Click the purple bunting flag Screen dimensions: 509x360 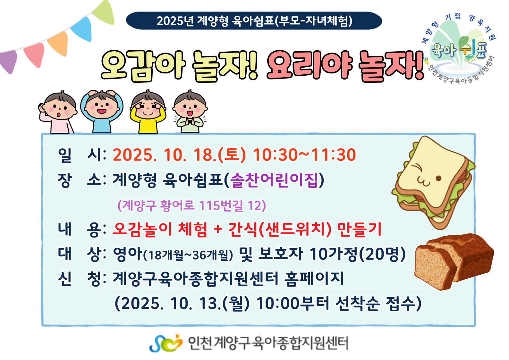coord(9,61)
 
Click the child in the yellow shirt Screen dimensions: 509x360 coord(148,112)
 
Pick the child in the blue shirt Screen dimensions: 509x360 coord(102,112)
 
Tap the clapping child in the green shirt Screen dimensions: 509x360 coord(190,111)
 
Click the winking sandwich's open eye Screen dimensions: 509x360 coord(438,178)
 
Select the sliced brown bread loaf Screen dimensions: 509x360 coord(454,262)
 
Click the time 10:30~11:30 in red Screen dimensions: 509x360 coord(304,155)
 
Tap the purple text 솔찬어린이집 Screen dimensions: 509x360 coord(274,180)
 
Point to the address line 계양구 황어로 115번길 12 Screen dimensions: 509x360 coord(191,205)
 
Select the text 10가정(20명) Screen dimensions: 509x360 coord(358,254)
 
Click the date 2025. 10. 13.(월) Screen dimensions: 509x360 coord(182,304)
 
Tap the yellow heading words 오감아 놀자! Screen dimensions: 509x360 coord(180,66)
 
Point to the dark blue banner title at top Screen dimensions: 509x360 coord(254,21)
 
